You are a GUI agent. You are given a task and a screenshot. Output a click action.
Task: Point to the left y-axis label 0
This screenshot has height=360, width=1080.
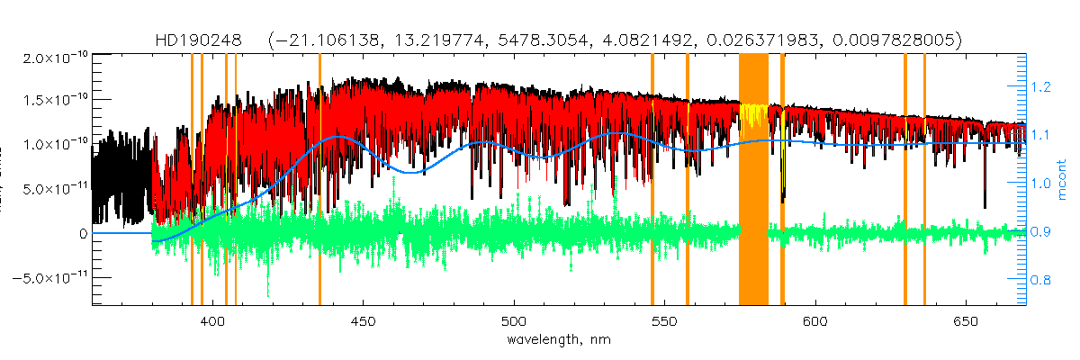click(83, 234)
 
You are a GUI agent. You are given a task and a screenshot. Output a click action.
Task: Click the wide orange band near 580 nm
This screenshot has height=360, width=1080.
click(753, 180)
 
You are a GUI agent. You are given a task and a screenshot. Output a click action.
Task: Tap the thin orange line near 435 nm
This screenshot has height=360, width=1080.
click(319, 180)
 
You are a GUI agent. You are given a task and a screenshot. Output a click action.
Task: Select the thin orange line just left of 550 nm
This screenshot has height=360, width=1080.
click(652, 180)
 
